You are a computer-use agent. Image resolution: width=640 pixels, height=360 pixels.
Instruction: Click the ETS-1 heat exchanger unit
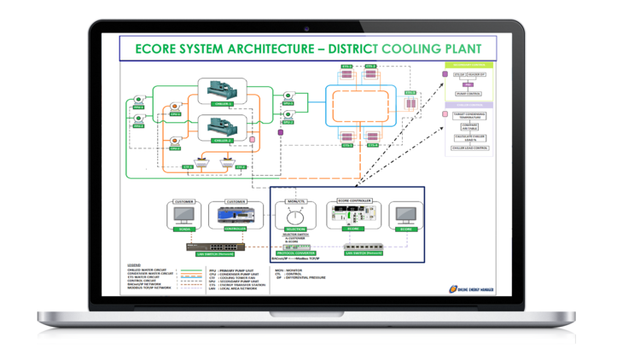point(346,74)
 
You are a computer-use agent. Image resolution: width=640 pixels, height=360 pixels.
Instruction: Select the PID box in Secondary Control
point(468,84)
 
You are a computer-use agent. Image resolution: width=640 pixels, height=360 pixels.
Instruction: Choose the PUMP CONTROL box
point(468,94)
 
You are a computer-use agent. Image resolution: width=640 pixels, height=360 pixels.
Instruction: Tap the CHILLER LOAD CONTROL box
point(468,148)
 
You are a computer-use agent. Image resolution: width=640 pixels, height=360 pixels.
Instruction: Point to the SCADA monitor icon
point(183,215)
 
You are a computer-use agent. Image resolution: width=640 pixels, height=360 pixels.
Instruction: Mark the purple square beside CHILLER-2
point(253,137)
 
